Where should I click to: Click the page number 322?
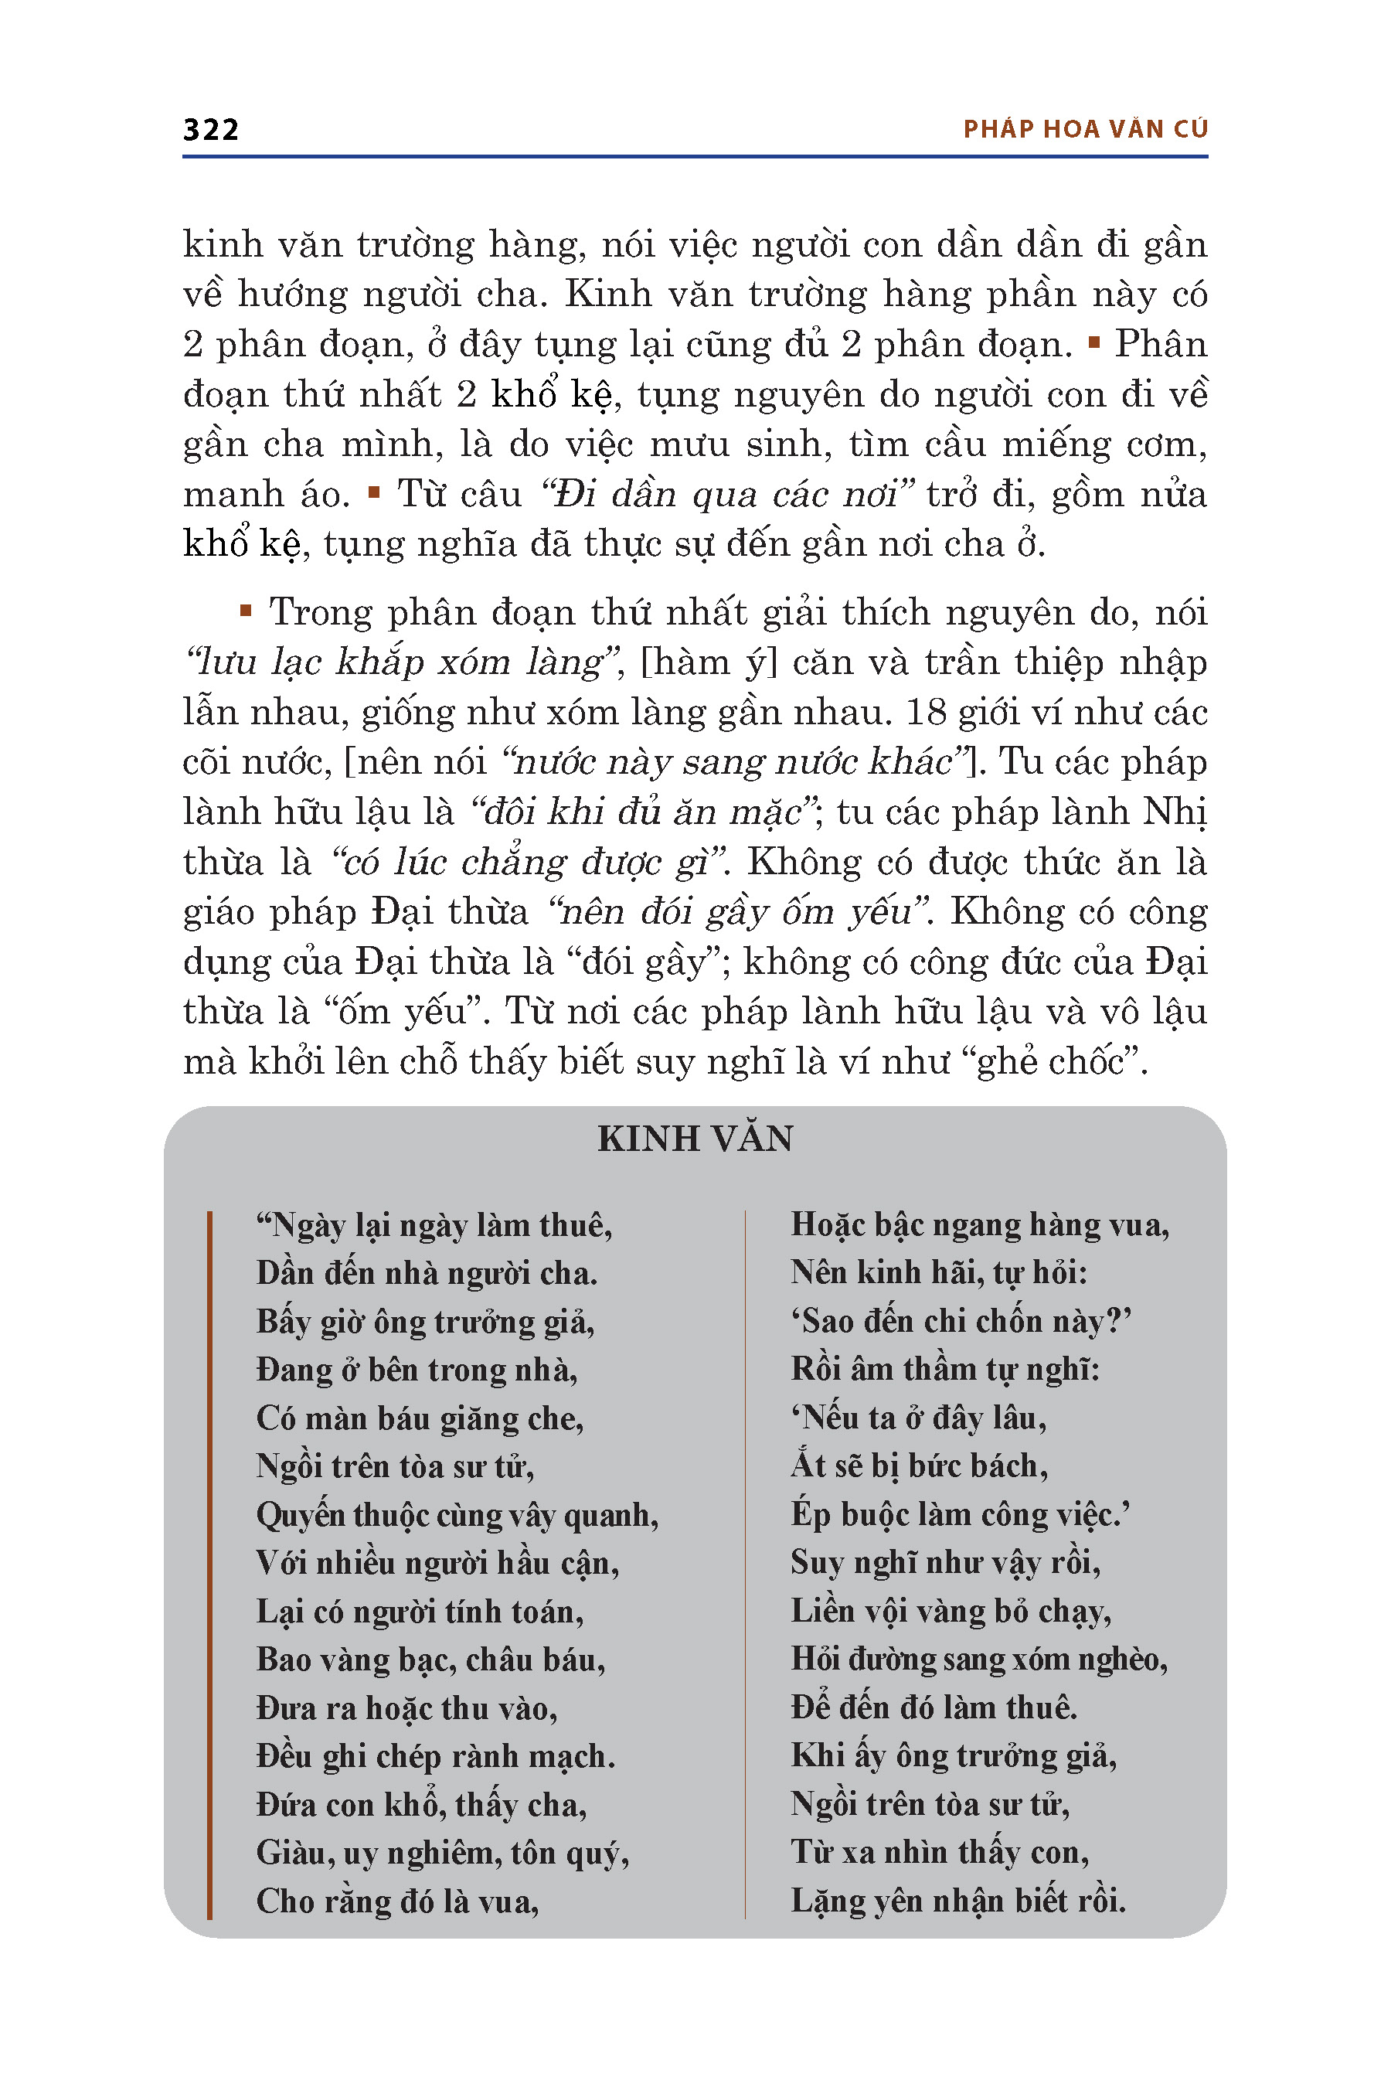[x=210, y=130]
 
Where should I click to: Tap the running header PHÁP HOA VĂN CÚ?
[x=1085, y=130]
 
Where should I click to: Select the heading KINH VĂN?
[x=695, y=1139]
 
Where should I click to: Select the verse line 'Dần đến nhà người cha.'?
[x=427, y=1273]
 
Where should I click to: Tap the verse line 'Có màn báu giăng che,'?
[x=420, y=1418]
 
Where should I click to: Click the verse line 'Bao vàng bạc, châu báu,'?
[x=430, y=1660]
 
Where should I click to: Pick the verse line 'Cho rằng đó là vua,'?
[x=397, y=1901]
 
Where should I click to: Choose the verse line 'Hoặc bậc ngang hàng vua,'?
[x=979, y=1224]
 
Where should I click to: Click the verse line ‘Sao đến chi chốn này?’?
[x=961, y=1321]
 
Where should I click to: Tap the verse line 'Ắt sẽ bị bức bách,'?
[x=919, y=1466]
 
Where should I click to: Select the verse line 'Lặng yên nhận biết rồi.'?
[x=958, y=1901]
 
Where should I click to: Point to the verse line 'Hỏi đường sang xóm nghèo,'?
[x=979, y=1659]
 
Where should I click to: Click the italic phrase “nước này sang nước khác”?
[x=735, y=762]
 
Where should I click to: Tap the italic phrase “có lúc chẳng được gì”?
[x=529, y=863]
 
